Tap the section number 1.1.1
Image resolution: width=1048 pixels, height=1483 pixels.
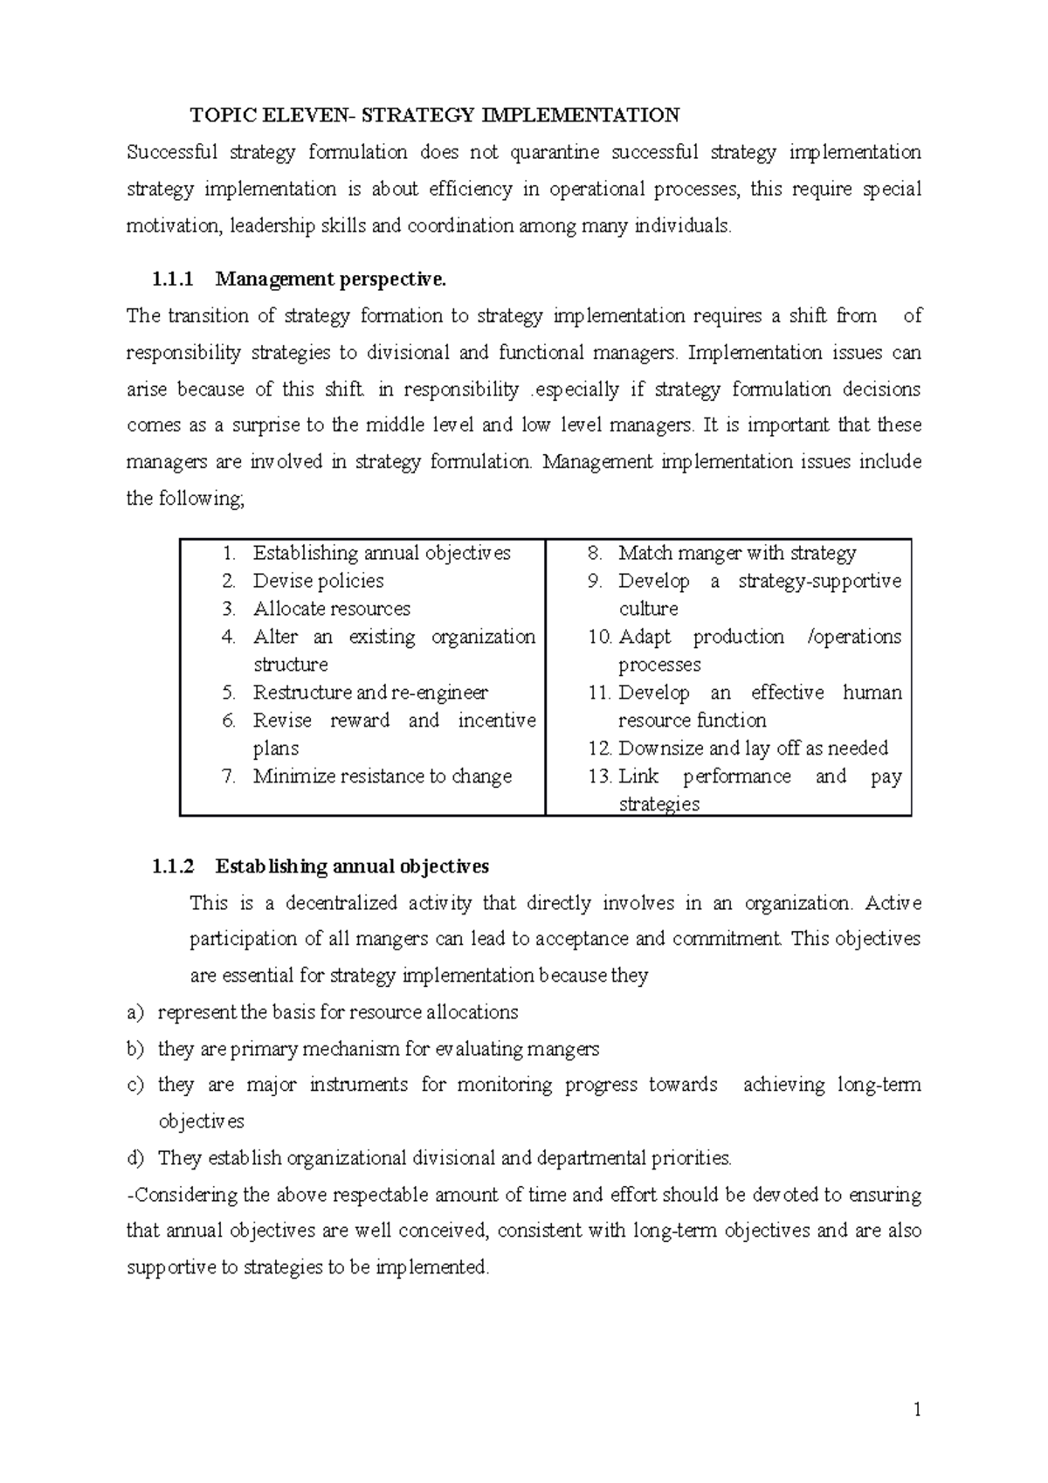tap(170, 279)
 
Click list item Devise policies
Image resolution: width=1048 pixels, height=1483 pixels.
tap(318, 581)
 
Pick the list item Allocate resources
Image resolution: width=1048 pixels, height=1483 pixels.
tap(331, 609)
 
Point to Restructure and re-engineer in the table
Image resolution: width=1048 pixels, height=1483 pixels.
tap(370, 693)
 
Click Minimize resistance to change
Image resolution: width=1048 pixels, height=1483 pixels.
tap(382, 776)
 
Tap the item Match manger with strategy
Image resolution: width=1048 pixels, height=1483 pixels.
tap(737, 553)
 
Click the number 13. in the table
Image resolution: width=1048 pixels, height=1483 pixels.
tap(600, 776)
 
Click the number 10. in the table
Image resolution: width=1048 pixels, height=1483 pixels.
tap(600, 637)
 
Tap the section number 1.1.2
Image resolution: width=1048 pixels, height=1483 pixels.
tap(170, 866)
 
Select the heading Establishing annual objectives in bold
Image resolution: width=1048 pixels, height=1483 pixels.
tap(352, 866)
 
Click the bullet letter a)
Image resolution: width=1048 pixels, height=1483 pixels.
tap(134, 1012)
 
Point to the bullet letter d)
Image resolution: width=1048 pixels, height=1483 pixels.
tap(134, 1159)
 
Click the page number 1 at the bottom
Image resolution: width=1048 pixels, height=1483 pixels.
tap(917, 1409)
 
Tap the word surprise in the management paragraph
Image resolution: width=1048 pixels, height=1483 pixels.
tap(265, 425)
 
